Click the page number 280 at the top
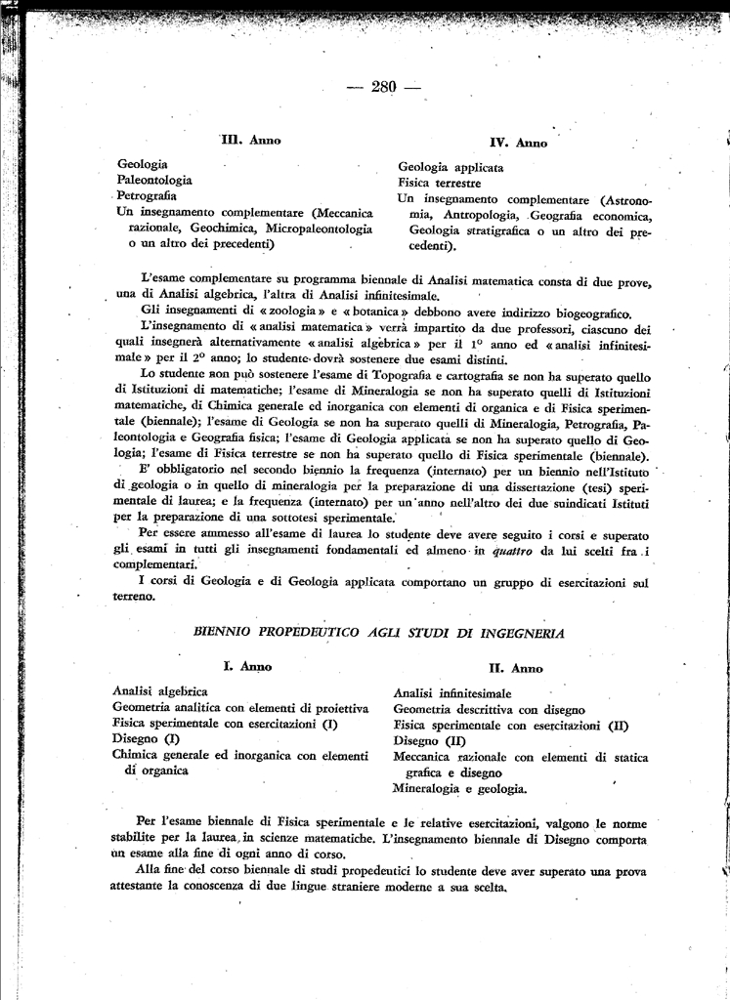(x=383, y=88)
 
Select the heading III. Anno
(x=251, y=141)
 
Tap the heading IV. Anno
(x=518, y=143)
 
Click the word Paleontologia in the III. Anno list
(x=154, y=180)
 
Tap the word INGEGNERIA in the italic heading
(x=517, y=633)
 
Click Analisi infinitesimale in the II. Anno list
(x=445, y=692)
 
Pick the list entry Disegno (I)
(x=141, y=738)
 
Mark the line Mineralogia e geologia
(x=459, y=787)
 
